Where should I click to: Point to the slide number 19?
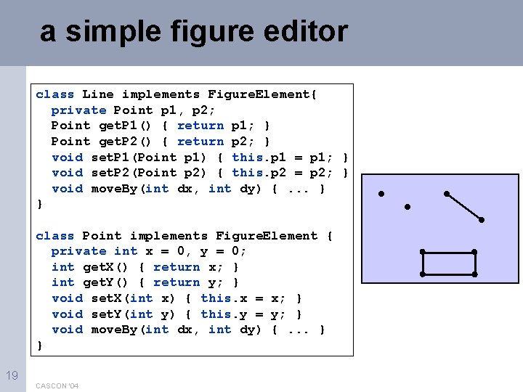(x=12, y=375)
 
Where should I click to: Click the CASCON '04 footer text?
(x=57, y=385)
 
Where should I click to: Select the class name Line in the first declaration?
(x=98, y=94)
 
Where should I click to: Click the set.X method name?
(x=106, y=298)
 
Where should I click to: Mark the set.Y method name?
(x=106, y=314)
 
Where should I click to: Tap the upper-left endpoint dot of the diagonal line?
(x=447, y=194)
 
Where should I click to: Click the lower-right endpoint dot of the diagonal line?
(x=482, y=219)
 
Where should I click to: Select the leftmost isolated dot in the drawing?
(x=380, y=195)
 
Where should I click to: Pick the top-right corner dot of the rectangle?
(x=474, y=252)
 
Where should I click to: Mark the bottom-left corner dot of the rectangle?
(x=423, y=274)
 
